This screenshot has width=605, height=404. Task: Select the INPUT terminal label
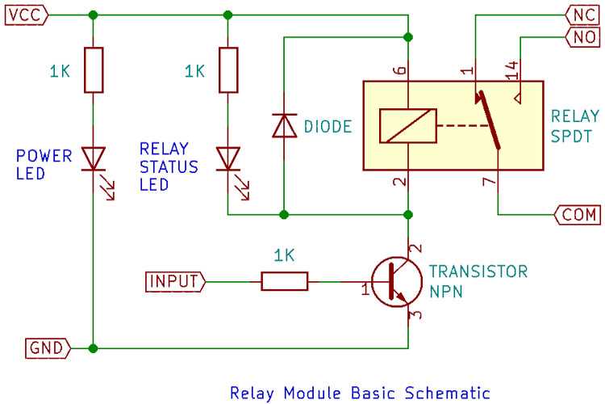(174, 281)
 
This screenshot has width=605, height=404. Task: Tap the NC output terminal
(581, 15)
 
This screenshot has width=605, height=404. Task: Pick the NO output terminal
(581, 36)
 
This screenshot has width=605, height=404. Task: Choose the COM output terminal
(577, 215)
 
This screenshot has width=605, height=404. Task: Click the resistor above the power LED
(94, 70)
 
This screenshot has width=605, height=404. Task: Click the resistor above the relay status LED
(228, 70)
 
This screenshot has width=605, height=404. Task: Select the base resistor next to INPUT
(284, 281)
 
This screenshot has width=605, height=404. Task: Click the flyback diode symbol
(283, 126)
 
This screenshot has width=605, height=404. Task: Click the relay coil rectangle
(408, 126)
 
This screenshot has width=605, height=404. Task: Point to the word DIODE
(328, 127)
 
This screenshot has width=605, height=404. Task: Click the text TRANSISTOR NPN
(478, 281)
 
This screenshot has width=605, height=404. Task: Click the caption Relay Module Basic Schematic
(360, 393)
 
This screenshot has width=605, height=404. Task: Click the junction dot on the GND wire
(94, 348)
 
